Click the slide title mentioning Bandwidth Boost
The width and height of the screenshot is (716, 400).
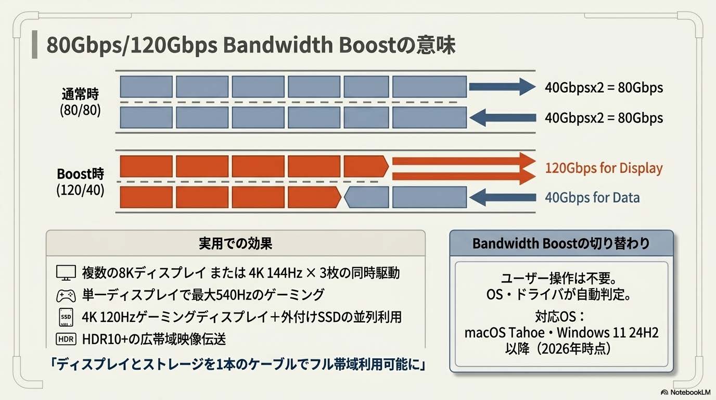[x=251, y=45]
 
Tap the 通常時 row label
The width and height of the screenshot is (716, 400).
[x=80, y=95]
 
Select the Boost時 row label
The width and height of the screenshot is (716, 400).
[x=80, y=174]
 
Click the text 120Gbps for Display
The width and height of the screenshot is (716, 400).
[x=604, y=168]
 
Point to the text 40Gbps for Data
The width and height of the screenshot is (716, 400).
[x=592, y=197]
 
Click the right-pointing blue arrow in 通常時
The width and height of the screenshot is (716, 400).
[x=502, y=86]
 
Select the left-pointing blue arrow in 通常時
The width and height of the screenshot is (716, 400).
[x=502, y=117]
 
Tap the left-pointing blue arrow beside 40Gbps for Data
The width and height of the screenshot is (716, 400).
[x=502, y=197]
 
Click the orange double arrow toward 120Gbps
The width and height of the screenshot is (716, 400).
[x=463, y=168]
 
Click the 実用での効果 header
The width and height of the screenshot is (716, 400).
[x=235, y=243]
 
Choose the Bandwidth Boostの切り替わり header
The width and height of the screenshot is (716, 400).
[x=561, y=244]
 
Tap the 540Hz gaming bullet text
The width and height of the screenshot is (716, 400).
[x=203, y=295]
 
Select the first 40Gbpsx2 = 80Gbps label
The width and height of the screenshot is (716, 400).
[x=604, y=87]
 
